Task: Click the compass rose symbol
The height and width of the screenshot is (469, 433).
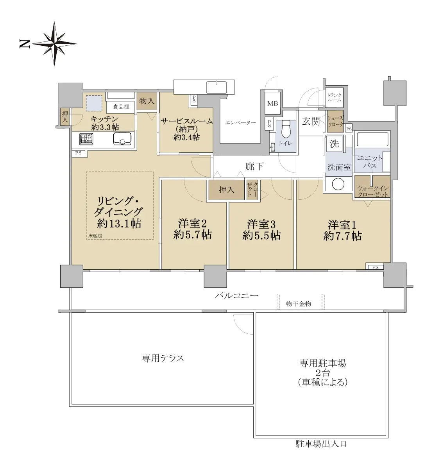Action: pyautogui.click(x=54, y=44)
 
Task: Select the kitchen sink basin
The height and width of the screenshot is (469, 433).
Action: pyautogui.click(x=122, y=139)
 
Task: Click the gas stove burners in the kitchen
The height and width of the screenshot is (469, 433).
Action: pyautogui.click(x=86, y=139)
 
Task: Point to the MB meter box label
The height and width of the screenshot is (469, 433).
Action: pyautogui.click(x=272, y=104)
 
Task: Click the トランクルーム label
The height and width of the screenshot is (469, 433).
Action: pyautogui.click(x=334, y=97)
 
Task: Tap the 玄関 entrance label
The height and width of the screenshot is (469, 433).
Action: pyautogui.click(x=311, y=122)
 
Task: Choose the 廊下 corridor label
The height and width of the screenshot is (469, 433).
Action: pyautogui.click(x=254, y=166)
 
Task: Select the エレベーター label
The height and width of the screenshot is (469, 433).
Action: pyautogui.click(x=240, y=123)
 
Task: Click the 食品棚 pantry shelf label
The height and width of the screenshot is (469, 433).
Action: pyautogui.click(x=121, y=107)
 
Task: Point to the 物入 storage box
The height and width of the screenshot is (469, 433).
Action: pyautogui.click(x=147, y=101)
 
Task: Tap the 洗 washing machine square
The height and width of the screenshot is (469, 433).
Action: pyautogui.click(x=334, y=143)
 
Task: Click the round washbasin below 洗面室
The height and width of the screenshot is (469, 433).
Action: pyautogui.click(x=338, y=184)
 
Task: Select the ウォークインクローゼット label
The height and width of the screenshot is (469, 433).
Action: pyautogui.click(x=373, y=191)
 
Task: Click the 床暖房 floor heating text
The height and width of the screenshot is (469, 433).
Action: pyautogui.click(x=95, y=235)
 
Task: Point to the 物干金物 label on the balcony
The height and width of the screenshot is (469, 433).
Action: pyautogui.click(x=298, y=304)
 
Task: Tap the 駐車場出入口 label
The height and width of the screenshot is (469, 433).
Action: pyautogui.click(x=321, y=444)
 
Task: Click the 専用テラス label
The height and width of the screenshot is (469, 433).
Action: pyautogui.click(x=163, y=358)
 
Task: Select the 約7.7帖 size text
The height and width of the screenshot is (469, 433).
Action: pyautogui.click(x=342, y=236)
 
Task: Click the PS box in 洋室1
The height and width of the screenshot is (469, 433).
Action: pyautogui.click(x=375, y=267)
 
